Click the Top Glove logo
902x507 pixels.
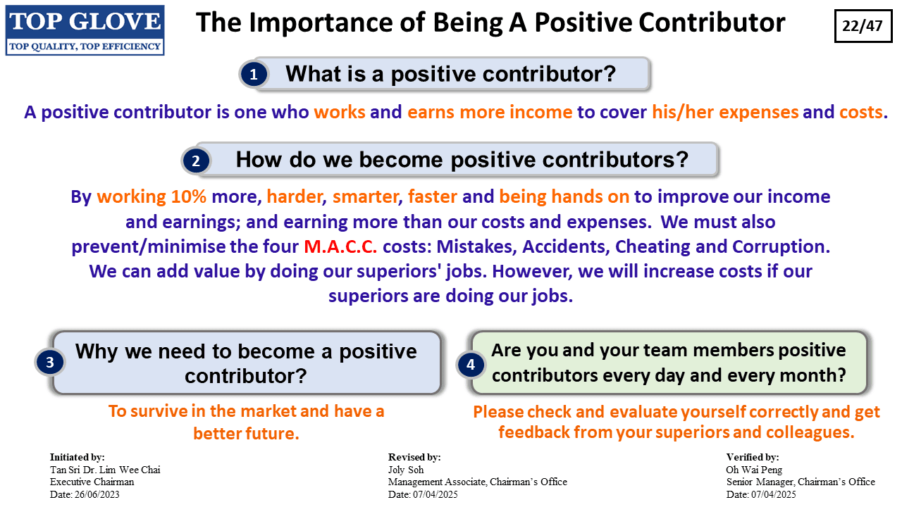85,30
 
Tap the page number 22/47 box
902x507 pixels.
863,26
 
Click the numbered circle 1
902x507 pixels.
254,75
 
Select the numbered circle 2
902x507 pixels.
196,161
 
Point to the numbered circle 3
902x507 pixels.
50,362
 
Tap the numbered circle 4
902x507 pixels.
471,365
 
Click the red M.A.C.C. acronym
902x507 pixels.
340,246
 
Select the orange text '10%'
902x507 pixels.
188,196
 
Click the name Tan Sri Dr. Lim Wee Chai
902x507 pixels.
105,470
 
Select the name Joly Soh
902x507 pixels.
406,470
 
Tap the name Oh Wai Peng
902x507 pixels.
754,470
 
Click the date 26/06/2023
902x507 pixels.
97,494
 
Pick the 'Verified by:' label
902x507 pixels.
753,457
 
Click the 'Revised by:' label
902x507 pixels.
414,457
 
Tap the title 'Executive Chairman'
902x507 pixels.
92,482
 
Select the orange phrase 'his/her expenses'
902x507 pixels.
725,112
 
